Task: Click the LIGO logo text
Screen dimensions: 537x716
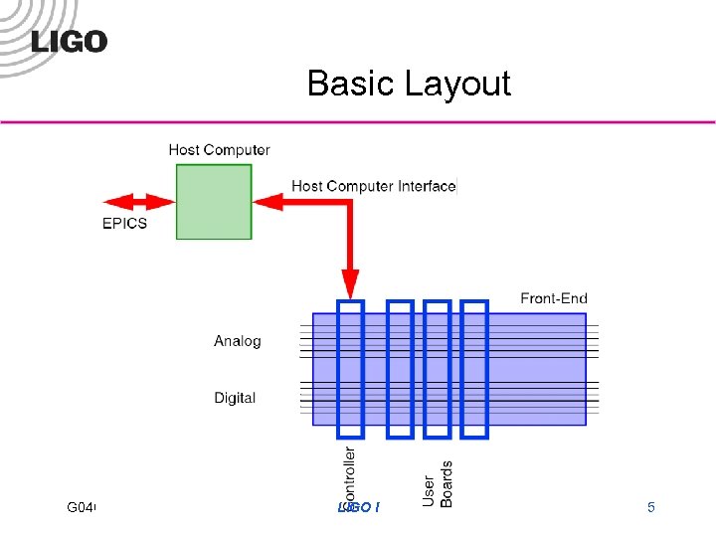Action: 70,41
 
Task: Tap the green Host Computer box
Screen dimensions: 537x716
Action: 214,202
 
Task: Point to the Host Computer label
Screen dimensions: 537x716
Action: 219,150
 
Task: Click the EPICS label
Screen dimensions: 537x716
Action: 124,223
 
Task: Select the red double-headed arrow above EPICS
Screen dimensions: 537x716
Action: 133,202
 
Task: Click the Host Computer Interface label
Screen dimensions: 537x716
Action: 373,186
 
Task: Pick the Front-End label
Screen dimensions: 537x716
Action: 554,298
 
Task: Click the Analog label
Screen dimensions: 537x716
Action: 238,341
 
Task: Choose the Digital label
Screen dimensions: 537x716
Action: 235,398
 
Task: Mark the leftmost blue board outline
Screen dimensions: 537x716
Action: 351,369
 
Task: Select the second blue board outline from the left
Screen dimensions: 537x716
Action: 400,369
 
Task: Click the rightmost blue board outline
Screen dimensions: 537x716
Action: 475,369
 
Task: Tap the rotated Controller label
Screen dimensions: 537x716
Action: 349,477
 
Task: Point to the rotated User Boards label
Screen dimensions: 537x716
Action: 438,484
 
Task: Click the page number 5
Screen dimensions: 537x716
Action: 651,508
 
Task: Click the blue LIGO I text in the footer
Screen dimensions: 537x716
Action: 359,508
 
